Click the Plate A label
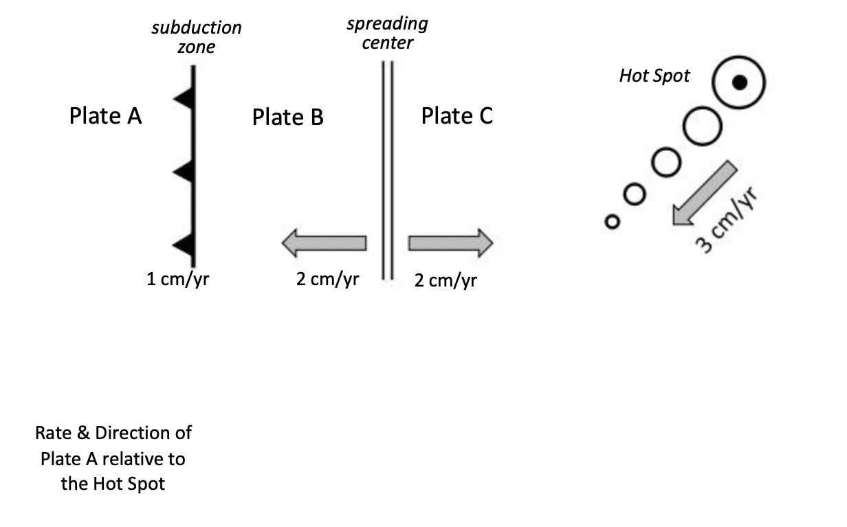105,116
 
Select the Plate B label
287,117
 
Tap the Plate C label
456,116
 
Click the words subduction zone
197,37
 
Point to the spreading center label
387,33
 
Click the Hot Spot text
654,76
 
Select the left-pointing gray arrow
323,243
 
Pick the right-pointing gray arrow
450,243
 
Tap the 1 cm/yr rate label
177,280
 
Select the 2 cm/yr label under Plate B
327,280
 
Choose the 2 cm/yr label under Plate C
445,280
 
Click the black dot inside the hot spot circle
739,83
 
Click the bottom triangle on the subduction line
183,245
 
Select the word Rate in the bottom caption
53,434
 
